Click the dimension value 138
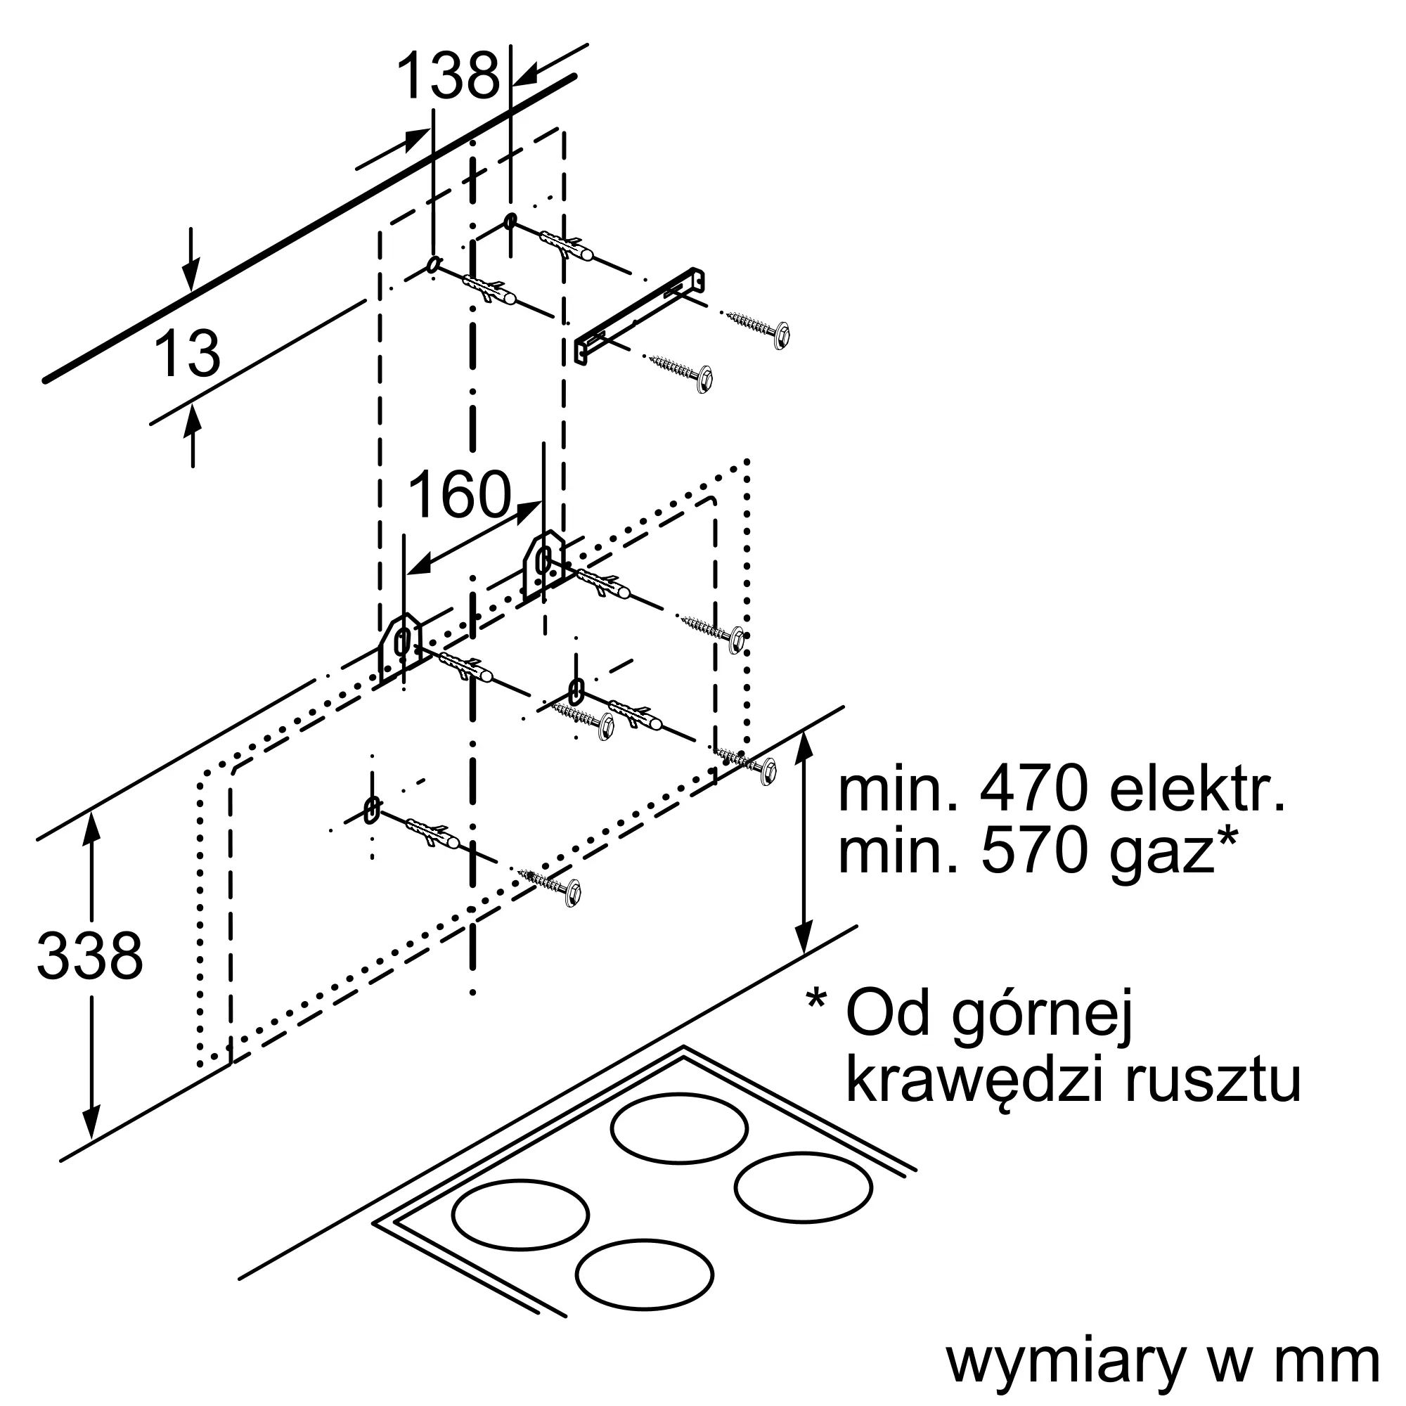click(449, 76)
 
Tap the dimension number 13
click(187, 354)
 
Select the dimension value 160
click(460, 494)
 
